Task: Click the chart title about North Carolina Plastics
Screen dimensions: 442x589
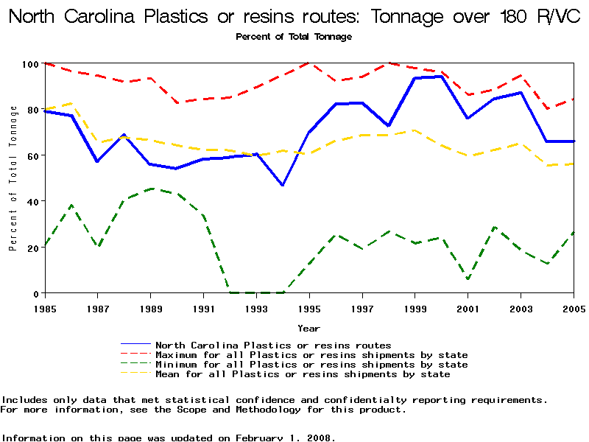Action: [x=294, y=17]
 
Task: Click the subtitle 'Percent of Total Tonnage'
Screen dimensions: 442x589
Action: [x=294, y=36]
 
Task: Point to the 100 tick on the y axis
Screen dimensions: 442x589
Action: [x=30, y=64]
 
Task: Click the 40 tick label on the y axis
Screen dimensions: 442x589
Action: [x=32, y=201]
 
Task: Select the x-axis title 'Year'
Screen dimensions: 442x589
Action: [x=308, y=328]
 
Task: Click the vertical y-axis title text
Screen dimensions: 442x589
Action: [x=13, y=178]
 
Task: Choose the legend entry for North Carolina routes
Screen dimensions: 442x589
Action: [x=273, y=345]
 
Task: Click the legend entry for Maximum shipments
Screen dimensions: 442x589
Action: [x=311, y=355]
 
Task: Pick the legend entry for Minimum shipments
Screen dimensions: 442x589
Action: [x=311, y=365]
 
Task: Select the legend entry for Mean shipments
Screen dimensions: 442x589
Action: [x=303, y=374]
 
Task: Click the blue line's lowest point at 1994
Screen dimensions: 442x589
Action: [x=283, y=185]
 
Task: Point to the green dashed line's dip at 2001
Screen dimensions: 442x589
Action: [x=468, y=279]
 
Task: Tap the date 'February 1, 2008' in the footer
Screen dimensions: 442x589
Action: [x=285, y=438]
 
